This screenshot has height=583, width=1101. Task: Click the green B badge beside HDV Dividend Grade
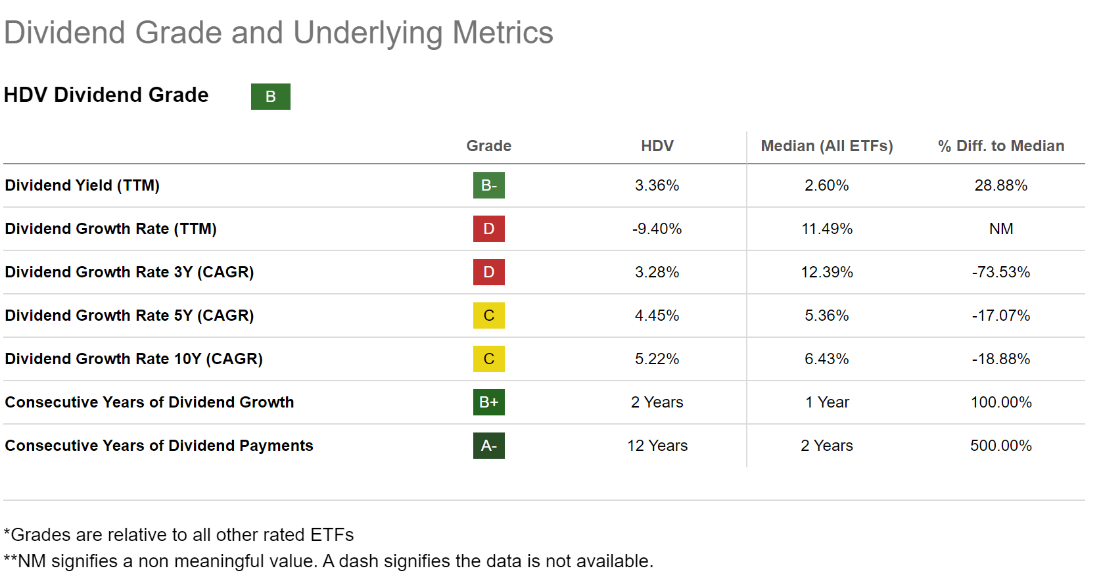[x=270, y=97]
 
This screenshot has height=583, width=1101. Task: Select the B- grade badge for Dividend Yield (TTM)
[x=488, y=185]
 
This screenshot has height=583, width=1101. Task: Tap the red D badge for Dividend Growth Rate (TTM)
[x=488, y=229]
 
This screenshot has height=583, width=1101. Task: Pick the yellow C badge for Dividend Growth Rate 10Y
[x=488, y=359]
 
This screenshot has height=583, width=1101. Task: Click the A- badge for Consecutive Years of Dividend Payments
[x=488, y=446]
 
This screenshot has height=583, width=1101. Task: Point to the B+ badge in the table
[x=488, y=402]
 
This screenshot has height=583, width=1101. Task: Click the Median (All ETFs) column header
[x=826, y=146]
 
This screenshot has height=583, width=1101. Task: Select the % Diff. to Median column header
[x=1000, y=146]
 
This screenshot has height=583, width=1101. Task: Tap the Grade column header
[x=488, y=146]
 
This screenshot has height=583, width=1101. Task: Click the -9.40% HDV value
[x=657, y=229]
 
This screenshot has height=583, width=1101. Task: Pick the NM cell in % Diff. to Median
[x=1000, y=229]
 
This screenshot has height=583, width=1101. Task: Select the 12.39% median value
[x=826, y=272]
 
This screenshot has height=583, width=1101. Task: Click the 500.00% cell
[x=1000, y=446]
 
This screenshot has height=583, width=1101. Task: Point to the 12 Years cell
[x=657, y=446]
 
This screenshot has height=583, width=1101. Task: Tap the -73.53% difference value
[x=1000, y=272]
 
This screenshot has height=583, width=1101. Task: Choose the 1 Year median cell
[x=826, y=402]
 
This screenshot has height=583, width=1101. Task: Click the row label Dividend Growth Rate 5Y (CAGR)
[x=129, y=315]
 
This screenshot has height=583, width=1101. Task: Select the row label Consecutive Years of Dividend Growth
[x=149, y=402]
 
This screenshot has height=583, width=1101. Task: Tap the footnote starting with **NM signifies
[x=329, y=561]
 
